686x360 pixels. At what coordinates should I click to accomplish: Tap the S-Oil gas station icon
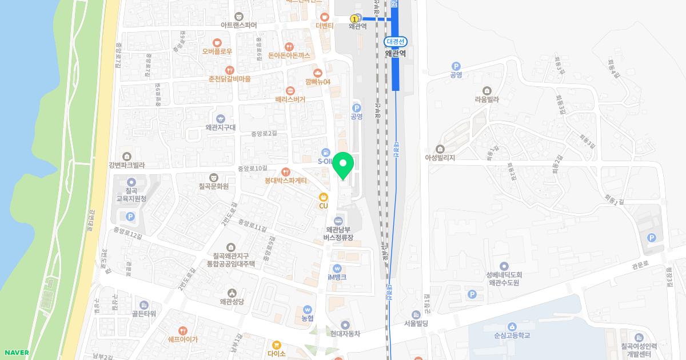(325, 153)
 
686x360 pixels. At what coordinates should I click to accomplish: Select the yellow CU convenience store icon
(324, 197)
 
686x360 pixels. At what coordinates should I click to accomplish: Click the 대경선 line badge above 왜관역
(395, 42)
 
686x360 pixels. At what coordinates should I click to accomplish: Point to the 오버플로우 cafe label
(217, 51)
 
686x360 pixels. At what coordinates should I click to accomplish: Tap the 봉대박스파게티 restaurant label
(286, 181)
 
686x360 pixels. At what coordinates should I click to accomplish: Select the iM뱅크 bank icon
(337, 269)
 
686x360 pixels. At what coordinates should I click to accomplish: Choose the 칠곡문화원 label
(214, 186)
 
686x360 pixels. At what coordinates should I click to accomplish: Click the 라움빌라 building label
(486, 99)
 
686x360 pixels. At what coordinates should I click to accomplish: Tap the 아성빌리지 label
(440, 158)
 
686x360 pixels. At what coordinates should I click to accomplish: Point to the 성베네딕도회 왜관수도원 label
(504, 278)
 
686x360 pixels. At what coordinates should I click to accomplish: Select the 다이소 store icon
(276, 345)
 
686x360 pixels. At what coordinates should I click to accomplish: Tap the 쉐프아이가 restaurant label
(183, 339)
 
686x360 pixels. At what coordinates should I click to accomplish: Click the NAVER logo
(16, 353)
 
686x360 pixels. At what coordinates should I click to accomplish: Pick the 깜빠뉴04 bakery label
(318, 82)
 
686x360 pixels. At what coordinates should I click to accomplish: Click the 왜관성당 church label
(232, 301)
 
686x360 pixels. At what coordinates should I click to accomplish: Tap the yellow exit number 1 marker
(354, 19)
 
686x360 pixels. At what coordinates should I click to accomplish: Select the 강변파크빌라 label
(126, 165)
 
